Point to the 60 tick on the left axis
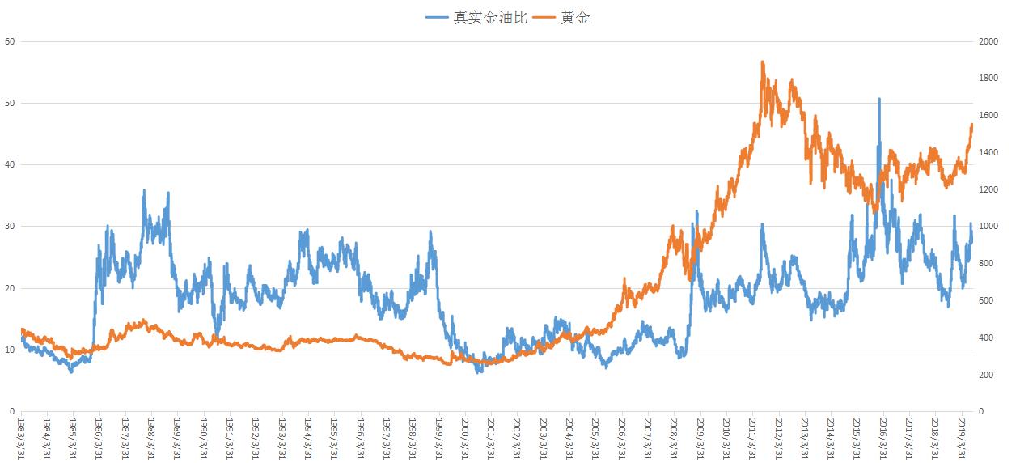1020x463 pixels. tap(9, 41)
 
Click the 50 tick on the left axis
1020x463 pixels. tap(9, 103)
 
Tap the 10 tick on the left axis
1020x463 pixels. tap(9, 350)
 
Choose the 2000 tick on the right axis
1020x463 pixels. tap(988, 41)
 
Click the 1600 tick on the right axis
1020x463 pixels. tap(988, 116)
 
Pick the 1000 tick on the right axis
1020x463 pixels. tap(988, 227)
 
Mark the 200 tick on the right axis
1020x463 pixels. tap(986, 375)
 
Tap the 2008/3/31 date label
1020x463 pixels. tap(674, 437)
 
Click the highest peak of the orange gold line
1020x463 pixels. tap(762, 62)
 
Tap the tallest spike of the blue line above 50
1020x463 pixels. tap(879, 99)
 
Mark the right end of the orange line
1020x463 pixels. tap(971, 124)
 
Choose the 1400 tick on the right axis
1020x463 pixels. tap(988, 152)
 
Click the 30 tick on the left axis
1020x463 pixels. tap(9, 227)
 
